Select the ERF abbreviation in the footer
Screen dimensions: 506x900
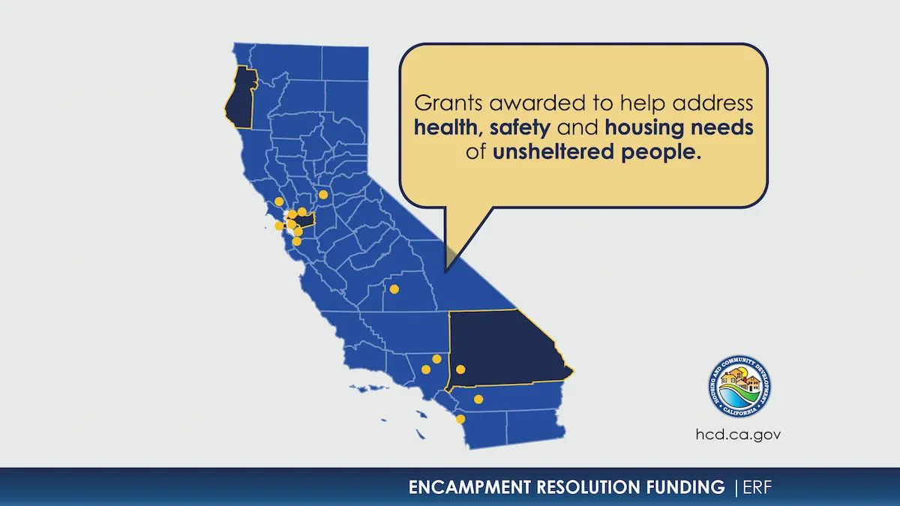point(755,488)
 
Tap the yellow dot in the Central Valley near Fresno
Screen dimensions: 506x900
point(394,289)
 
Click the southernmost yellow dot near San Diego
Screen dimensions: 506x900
point(460,419)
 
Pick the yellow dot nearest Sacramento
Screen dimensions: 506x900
point(323,194)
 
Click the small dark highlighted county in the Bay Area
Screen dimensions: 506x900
point(305,220)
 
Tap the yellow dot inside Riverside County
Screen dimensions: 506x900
point(478,399)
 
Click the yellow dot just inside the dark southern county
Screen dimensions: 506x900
point(460,369)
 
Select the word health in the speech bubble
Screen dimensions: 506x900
point(447,127)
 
